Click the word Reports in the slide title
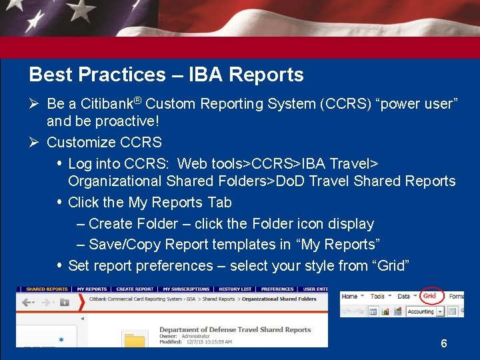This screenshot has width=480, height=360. (x=266, y=75)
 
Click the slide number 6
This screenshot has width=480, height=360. (x=444, y=344)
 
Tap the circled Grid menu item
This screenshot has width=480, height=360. (x=430, y=296)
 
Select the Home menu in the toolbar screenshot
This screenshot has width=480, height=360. (x=350, y=296)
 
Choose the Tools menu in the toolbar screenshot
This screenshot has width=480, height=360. (x=378, y=296)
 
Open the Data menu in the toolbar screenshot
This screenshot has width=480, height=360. (x=405, y=296)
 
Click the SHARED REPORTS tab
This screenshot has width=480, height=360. (x=47, y=289)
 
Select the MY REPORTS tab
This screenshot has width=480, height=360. (x=92, y=289)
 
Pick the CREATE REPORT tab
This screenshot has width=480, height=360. (x=135, y=289)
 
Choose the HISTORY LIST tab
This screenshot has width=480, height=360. (x=235, y=289)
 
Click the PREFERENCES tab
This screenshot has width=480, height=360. (x=277, y=289)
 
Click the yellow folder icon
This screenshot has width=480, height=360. (x=135, y=341)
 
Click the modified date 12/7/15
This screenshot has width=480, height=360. (x=195, y=342)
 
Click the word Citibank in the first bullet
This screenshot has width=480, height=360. (x=106, y=104)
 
